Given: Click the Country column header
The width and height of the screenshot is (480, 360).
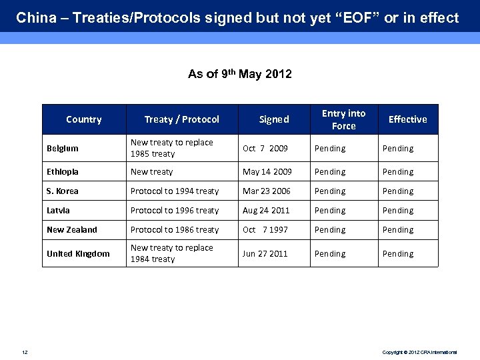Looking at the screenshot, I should tap(84, 119).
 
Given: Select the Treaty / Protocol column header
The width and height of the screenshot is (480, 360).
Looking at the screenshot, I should tap(181, 119).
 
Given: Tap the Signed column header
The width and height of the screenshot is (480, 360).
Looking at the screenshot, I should tap(274, 119).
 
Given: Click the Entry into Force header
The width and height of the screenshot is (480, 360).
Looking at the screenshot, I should tap(343, 119).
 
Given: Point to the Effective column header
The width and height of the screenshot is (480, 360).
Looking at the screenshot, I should tap(407, 119).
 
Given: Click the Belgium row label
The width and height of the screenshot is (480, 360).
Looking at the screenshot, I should tap(63, 149).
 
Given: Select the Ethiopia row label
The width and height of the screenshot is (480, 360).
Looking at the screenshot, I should tap(63, 172).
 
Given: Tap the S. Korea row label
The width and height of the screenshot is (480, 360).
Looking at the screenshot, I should tap(63, 191).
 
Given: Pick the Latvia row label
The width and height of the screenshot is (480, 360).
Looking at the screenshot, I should tap(58, 211).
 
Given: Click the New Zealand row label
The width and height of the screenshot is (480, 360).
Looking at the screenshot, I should tap(72, 230).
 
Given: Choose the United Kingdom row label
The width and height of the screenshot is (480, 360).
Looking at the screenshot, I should tap(78, 254).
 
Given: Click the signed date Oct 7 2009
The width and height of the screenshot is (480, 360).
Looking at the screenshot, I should tap(265, 149).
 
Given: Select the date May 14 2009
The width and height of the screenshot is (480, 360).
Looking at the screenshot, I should tap(267, 172).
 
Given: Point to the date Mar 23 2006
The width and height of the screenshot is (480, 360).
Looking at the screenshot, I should tap(267, 191).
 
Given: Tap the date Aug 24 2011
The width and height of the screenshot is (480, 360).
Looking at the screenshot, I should tap(266, 211).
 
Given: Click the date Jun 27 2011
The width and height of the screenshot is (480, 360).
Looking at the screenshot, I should tap(265, 254).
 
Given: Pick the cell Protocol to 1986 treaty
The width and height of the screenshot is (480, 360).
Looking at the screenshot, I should tap(175, 230).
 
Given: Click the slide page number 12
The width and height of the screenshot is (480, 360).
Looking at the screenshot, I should tap(25, 351).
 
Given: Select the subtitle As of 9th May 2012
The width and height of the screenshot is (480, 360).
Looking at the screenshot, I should tap(240, 74).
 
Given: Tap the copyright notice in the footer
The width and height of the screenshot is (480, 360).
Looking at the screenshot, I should tap(419, 351).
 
